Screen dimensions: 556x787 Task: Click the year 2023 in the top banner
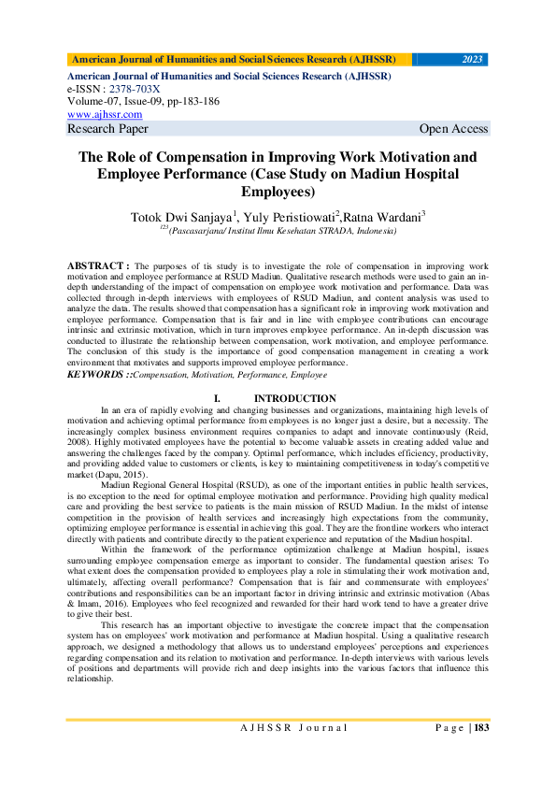(473, 59)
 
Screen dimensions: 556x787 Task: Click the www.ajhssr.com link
(98, 114)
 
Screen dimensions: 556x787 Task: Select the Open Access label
(453, 129)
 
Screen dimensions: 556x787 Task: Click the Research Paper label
(107, 129)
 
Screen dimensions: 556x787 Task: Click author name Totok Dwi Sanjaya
(183, 217)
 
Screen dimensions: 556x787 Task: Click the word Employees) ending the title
(278, 193)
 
